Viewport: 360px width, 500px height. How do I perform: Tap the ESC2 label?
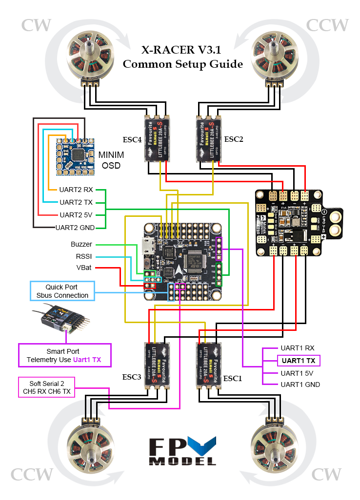[x=233, y=139]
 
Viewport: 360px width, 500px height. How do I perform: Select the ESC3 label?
[x=132, y=377]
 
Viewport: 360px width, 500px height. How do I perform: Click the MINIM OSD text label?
[x=111, y=160]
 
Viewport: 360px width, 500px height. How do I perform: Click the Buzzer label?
[x=81, y=244]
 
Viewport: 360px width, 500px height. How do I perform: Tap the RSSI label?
[x=83, y=256]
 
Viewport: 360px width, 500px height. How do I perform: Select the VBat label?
[x=83, y=268]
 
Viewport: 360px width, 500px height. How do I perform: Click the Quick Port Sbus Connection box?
[x=62, y=291]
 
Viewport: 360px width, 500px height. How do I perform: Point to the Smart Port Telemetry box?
[x=64, y=355]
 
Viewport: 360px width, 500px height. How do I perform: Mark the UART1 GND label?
[x=300, y=385]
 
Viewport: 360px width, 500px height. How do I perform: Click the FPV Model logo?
[x=182, y=451]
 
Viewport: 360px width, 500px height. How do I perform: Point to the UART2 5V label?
[x=76, y=214]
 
